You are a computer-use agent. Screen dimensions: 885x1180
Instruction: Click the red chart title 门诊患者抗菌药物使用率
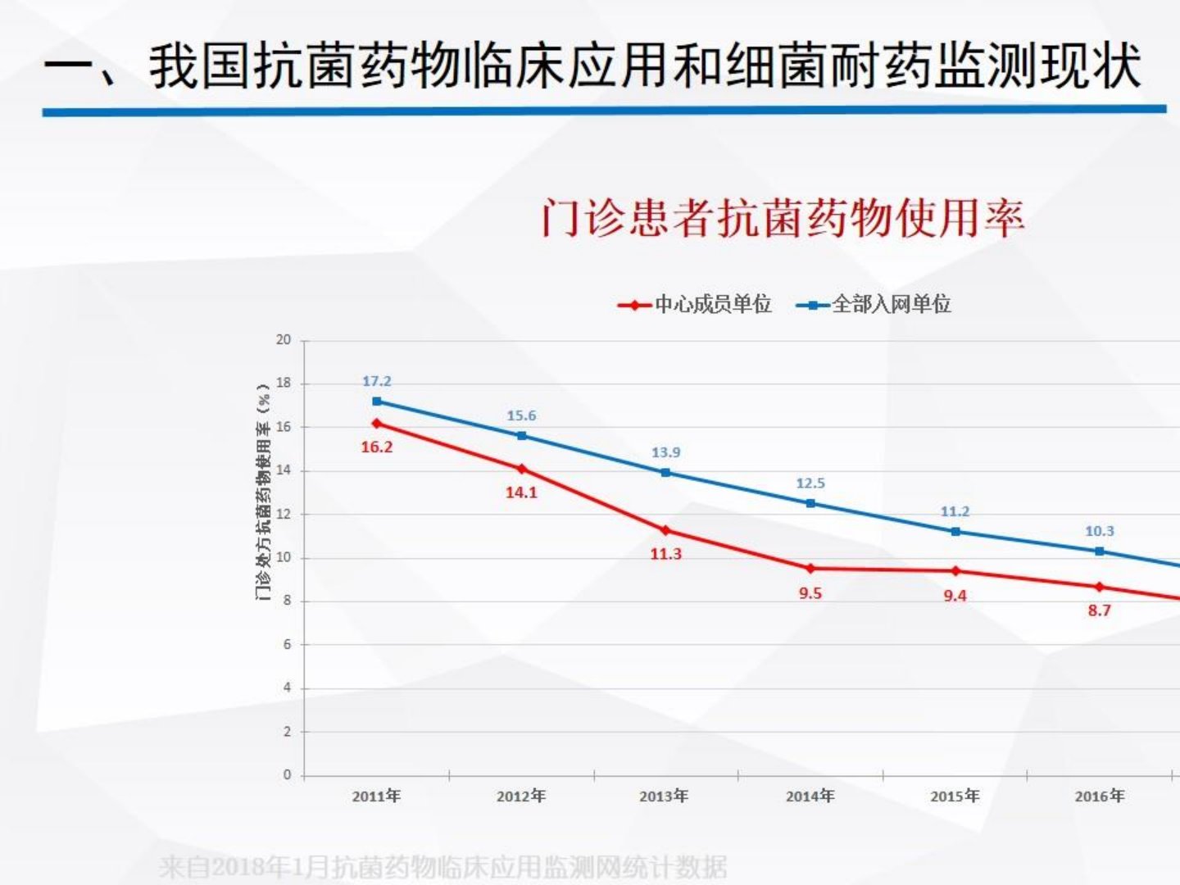coord(783,219)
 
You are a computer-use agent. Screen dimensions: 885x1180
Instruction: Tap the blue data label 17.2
coord(377,381)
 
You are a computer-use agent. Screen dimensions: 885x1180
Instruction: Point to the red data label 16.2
coord(377,447)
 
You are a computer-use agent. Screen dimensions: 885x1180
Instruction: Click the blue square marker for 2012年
coord(522,436)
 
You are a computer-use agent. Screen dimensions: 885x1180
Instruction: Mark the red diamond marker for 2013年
coord(665,530)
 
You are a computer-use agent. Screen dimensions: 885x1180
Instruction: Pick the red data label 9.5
coord(810,593)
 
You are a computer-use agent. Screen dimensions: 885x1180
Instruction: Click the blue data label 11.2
coord(955,511)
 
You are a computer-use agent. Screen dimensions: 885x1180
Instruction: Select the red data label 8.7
coord(1099,610)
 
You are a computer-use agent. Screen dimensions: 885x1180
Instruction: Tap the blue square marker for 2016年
coord(1100,551)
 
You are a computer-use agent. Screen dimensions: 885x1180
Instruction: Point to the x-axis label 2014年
coord(810,796)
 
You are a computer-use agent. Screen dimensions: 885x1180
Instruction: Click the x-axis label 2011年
coord(377,796)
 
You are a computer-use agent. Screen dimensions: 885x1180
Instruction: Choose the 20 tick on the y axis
coord(284,340)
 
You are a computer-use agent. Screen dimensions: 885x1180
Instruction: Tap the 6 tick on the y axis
coord(287,645)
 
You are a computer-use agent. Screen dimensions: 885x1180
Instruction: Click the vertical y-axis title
coord(263,492)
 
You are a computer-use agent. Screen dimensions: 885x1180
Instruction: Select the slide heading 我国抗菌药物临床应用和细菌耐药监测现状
coord(644,66)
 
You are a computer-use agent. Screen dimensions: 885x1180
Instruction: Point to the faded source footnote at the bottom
coord(443,867)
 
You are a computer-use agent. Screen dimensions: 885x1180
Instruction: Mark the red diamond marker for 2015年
coord(955,570)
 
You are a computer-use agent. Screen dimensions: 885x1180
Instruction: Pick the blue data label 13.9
coord(665,452)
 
